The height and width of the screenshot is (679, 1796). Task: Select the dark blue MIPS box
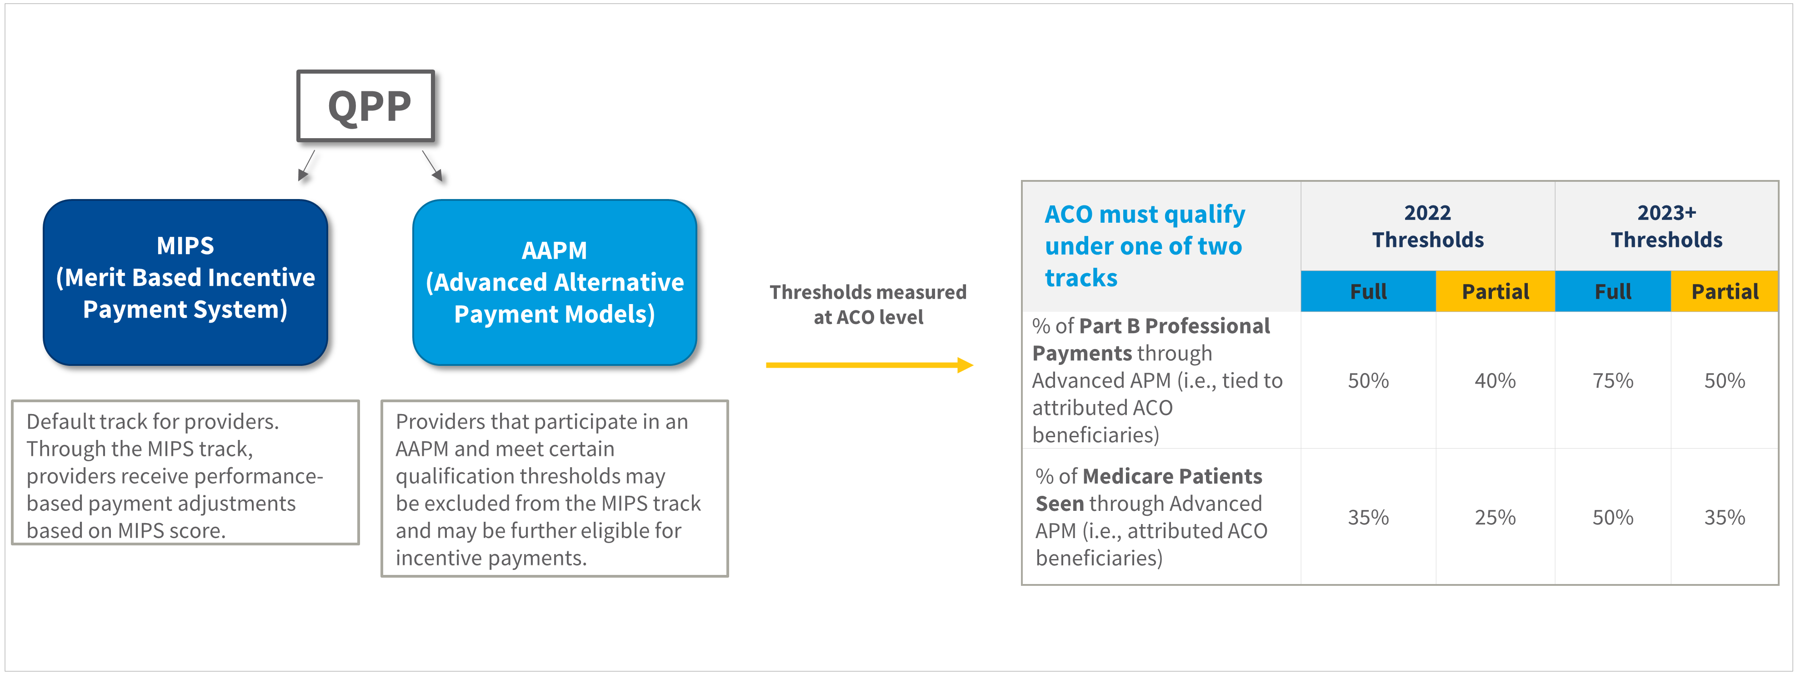(x=185, y=282)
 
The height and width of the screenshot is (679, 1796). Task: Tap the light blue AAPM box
(x=555, y=282)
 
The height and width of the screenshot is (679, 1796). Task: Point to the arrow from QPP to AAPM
(x=433, y=166)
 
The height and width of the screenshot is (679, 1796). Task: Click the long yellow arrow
(x=870, y=364)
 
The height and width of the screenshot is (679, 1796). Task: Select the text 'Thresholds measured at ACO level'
(x=868, y=304)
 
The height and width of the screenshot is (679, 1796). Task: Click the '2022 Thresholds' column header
(x=1428, y=226)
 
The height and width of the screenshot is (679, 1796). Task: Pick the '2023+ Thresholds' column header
(x=1666, y=226)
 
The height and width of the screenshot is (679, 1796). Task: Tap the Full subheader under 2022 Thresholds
(x=1368, y=291)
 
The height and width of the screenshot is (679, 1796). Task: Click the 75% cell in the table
(x=1613, y=380)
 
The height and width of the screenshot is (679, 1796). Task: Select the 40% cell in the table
(x=1495, y=380)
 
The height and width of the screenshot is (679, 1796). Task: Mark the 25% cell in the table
(x=1495, y=517)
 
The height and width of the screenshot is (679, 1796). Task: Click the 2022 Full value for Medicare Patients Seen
(x=1368, y=517)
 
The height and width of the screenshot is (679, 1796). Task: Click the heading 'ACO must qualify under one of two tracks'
(x=1145, y=245)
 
